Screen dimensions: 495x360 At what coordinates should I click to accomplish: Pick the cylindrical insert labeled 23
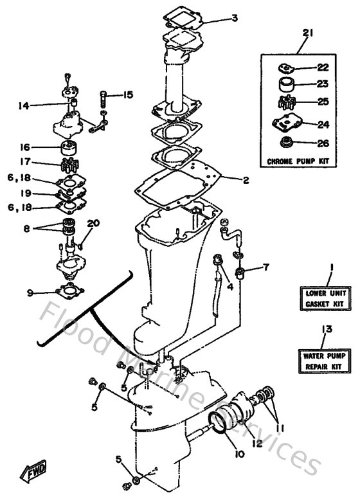[285, 84]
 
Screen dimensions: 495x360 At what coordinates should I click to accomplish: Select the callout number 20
[94, 223]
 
